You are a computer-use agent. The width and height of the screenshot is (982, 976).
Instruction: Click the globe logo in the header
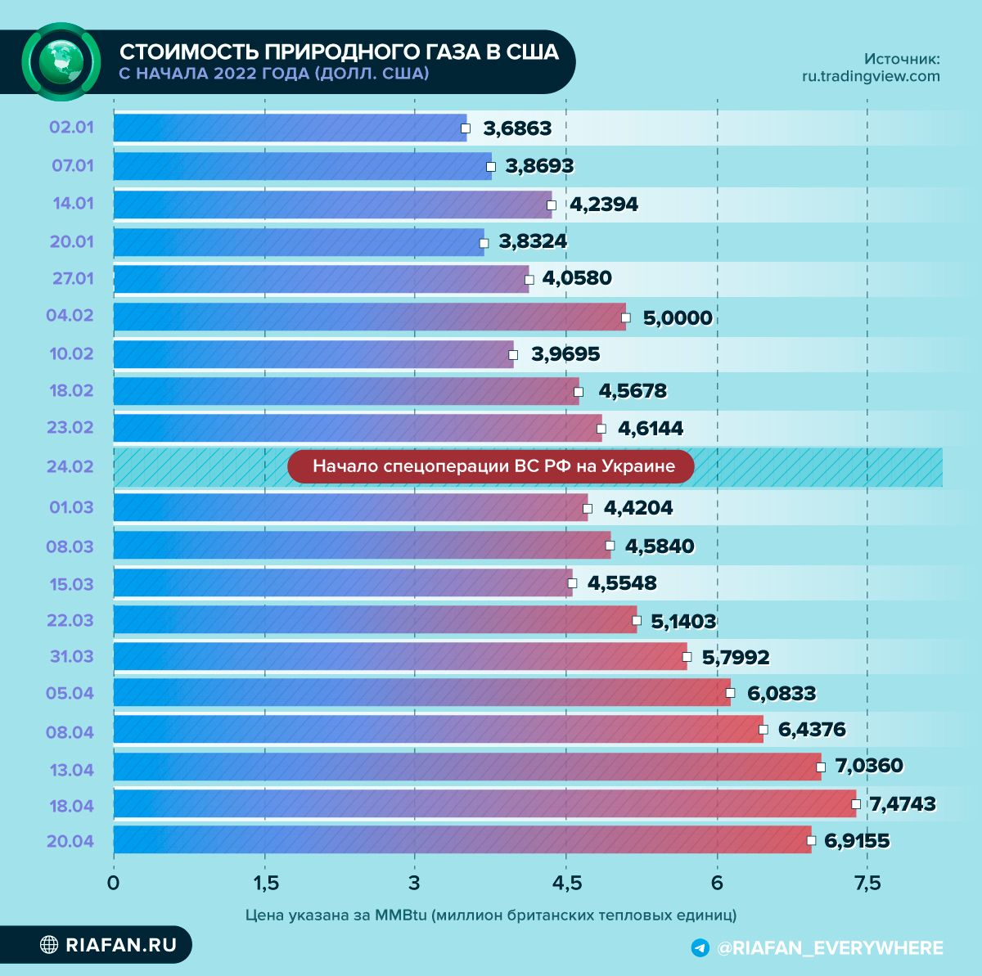tap(61, 61)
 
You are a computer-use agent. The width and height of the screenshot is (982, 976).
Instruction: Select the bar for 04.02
tap(368, 317)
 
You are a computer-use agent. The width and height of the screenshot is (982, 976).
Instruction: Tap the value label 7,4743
tap(902, 804)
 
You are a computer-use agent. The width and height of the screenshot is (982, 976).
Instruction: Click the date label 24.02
tap(70, 467)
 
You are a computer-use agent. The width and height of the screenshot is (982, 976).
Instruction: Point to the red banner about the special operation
tap(491, 466)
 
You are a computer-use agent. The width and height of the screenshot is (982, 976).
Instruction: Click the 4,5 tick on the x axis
tap(566, 884)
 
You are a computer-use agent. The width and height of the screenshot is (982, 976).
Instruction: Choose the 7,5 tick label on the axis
tap(867, 884)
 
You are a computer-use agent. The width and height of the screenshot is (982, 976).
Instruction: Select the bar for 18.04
tap(483, 803)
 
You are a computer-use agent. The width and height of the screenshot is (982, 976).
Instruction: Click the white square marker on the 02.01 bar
tap(466, 128)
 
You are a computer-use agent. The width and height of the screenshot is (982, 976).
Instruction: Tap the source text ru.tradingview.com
tap(871, 76)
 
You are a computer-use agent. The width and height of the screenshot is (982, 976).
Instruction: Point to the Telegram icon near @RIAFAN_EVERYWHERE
tap(700, 948)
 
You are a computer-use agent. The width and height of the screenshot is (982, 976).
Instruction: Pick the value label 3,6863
tap(517, 128)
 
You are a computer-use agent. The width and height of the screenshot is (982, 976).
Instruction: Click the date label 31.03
tap(70, 657)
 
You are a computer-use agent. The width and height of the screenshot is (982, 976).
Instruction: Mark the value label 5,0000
tap(678, 317)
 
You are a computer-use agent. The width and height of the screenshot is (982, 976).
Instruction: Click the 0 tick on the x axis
tap(114, 884)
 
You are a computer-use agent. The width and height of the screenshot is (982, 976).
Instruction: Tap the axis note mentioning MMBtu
tap(491, 915)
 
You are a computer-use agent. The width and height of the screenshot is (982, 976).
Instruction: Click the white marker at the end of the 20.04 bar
tap(811, 840)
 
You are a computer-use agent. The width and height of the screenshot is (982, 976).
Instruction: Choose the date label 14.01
tap(73, 204)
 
